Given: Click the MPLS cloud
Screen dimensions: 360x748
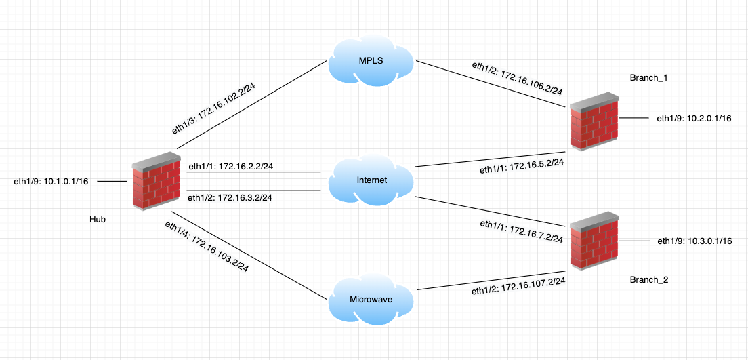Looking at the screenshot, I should pos(371,61).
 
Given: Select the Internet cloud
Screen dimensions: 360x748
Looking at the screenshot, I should pos(371,181).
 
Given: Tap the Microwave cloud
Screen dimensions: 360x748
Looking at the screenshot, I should pos(371,299).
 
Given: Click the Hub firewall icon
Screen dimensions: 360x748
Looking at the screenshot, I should pos(155,181).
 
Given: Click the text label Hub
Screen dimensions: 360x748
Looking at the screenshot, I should pos(98,220).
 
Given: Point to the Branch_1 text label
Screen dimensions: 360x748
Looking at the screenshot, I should pos(649,78).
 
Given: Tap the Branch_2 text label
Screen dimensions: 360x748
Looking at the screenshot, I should pos(649,279).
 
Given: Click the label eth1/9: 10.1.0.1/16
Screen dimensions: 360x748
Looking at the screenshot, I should pos(51,181).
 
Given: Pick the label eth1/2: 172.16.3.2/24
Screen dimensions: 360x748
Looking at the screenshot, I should pos(230,198).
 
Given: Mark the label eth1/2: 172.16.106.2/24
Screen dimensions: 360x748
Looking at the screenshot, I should pos(518,79).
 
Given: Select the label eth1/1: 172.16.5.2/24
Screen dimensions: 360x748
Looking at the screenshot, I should pos(522,164).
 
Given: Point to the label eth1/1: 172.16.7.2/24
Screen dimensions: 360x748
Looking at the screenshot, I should pos(522,232).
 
